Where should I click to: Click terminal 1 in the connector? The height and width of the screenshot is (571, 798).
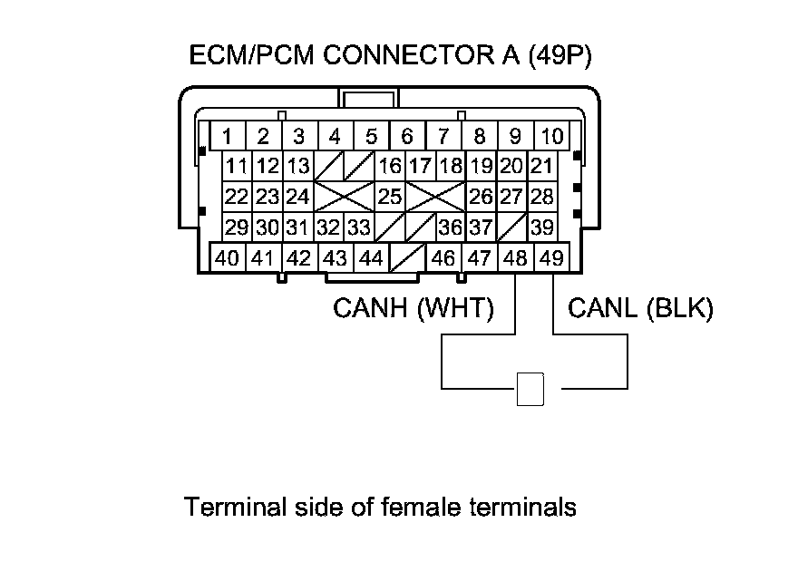[x=228, y=137]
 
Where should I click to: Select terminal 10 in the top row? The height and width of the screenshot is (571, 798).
[x=551, y=137]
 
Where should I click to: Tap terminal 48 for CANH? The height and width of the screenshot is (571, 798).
[x=515, y=258]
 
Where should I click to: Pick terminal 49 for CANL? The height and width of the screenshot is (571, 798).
[x=550, y=258]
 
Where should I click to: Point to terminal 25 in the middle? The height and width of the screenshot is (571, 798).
[x=390, y=197]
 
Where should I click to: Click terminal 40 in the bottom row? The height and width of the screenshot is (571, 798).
[x=228, y=258]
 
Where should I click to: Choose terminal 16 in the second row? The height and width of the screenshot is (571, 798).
[x=390, y=167]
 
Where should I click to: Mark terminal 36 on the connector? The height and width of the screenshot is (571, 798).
[x=450, y=227]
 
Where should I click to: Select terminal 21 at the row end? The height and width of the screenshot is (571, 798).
[x=542, y=167]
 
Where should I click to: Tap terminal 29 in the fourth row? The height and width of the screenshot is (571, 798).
[x=237, y=227]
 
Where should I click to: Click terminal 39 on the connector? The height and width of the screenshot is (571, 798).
[x=542, y=227]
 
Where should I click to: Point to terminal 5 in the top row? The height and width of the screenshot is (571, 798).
[x=371, y=137]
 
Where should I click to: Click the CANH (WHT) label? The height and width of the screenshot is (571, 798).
[x=414, y=309]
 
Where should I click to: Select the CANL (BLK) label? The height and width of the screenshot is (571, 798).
[x=640, y=309]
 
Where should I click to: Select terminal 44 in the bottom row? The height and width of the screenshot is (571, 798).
[x=371, y=258]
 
